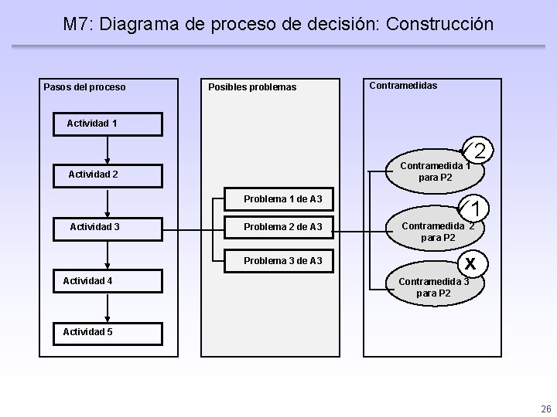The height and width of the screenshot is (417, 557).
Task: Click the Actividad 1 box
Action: pyautogui.click(x=108, y=124)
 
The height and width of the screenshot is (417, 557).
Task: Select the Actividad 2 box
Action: pyautogui.click(x=108, y=175)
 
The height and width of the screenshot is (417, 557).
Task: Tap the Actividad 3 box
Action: pyautogui.click(x=108, y=227)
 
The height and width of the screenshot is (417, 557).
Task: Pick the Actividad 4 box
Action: pyautogui.click(x=108, y=280)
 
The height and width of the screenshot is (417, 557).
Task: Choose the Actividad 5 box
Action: pyautogui.click(x=108, y=332)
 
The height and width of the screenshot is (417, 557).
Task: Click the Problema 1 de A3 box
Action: pyautogui.click(x=282, y=200)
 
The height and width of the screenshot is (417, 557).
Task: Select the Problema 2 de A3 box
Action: pyautogui.click(x=282, y=227)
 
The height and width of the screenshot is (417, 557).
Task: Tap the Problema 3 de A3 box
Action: pyautogui.click(x=282, y=261)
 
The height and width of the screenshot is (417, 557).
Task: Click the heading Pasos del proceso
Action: pyautogui.click(x=85, y=86)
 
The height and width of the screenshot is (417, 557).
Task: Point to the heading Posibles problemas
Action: pyautogui.click(x=252, y=86)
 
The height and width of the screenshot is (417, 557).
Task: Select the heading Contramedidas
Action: pyautogui.click(x=403, y=85)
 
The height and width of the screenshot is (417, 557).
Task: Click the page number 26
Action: pyautogui.click(x=545, y=409)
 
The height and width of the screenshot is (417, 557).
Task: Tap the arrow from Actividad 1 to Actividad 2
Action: pyautogui.click(x=108, y=148)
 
